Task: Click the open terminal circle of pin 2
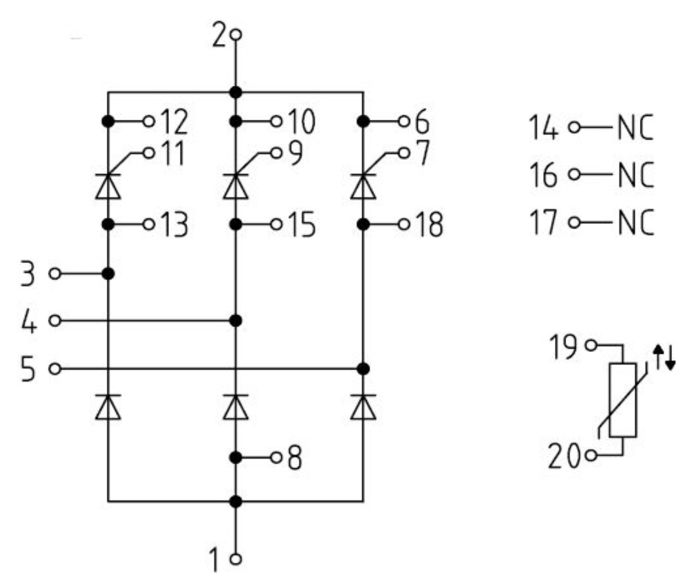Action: [x=236, y=35]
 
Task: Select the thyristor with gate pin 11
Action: [x=108, y=186]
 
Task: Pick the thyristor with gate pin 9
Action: [x=236, y=186]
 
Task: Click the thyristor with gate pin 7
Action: [x=363, y=186]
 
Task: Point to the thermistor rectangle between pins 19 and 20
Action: [x=622, y=400]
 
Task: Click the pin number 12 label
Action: [x=174, y=122]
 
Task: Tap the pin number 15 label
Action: [x=302, y=225]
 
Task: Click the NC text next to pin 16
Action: [x=636, y=175]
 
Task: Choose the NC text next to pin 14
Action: [x=635, y=127]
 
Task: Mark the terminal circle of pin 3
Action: [x=55, y=274]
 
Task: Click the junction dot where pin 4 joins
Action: [x=236, y=321]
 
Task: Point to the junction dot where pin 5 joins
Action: [x=363, y=369]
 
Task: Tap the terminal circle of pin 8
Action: [x=276, y=458]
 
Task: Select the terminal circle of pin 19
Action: [x=591, y=345]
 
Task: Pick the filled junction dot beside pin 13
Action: [x=108, y=225]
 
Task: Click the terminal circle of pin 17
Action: [x=575, y=222]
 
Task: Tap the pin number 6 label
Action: [x=422, y=122]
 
